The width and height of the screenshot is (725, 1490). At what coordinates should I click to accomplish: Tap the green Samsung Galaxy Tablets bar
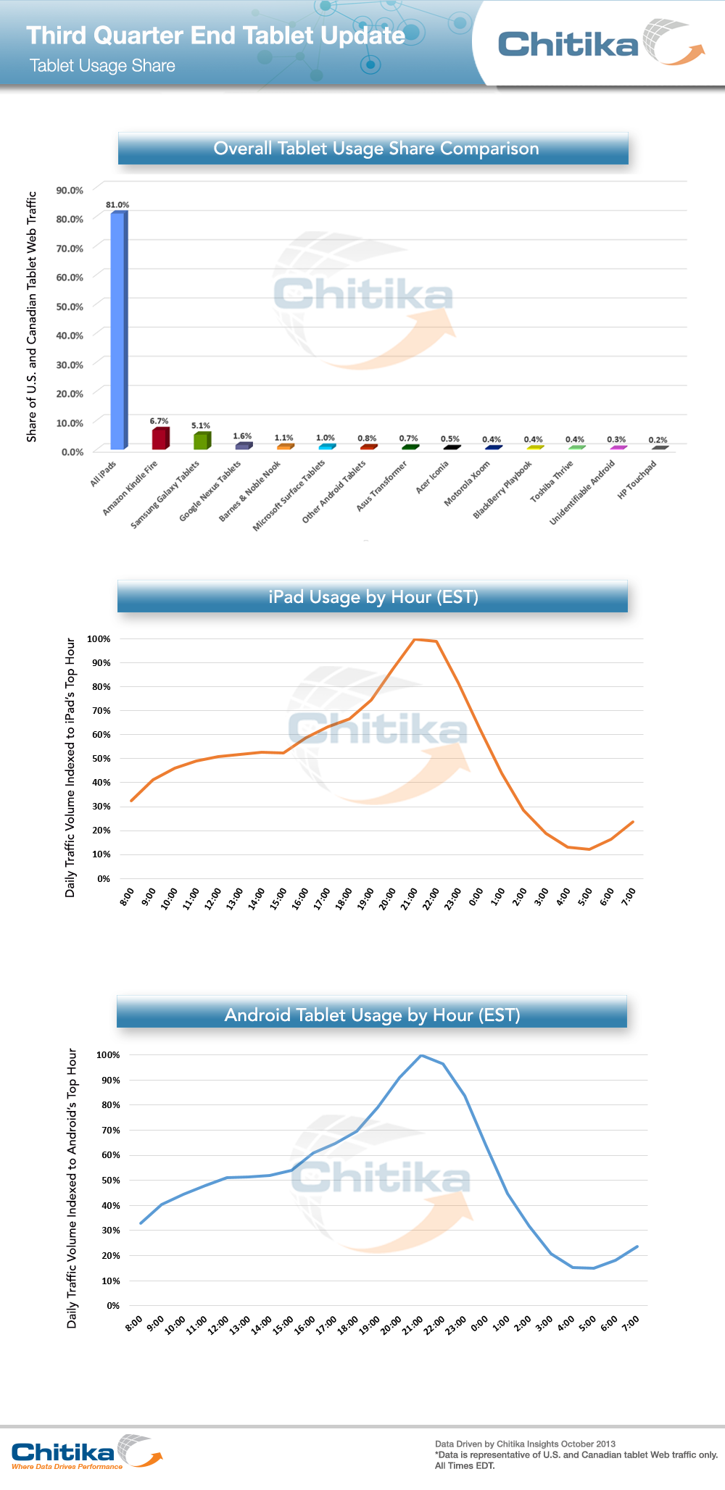point(202,441)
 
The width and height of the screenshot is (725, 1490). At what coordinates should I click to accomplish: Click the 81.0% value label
point(117,205)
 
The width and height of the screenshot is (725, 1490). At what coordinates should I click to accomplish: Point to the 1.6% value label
point(242,436)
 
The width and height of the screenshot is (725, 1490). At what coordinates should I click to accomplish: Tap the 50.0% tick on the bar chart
point(70,307)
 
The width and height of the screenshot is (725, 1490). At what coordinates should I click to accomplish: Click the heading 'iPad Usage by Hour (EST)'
point(373,597)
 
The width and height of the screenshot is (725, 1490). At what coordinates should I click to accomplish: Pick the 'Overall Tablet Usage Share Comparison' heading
point(376,149)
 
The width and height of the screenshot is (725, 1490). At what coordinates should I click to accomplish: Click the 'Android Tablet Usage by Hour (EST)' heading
point(372,1015)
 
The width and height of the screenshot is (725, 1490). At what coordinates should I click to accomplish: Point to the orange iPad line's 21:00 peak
point(414,639)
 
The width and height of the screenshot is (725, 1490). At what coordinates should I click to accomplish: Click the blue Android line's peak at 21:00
point(421,1055)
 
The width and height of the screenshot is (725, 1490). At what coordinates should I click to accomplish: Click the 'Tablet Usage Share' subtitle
point(102,66)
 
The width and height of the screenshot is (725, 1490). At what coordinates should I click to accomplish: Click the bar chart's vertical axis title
point(31,317)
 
